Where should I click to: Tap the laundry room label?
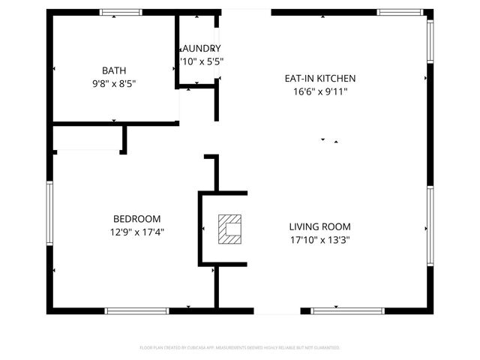[x=201, y=48]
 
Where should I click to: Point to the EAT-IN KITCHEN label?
[x=319, y=78]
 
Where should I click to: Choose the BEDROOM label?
[x=136, y=220]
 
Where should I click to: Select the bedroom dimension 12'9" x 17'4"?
[x=136, y=232]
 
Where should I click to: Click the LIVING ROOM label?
[x=319, y=226]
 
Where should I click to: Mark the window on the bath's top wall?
[x=121, y=12]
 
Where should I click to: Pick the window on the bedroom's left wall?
[x=49, y=217]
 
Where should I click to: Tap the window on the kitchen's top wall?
[x=399, y=12]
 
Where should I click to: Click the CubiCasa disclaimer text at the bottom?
[x=240, y=347]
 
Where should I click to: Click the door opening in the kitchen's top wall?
[x=246, y=12]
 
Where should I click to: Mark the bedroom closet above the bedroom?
[x=87, y=138]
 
